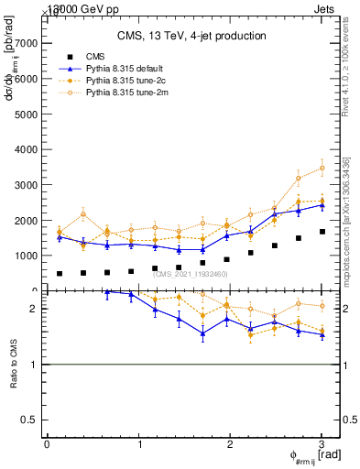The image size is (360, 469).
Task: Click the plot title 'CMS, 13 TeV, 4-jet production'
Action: tap(191, 37)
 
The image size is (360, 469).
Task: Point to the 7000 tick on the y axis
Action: tap(27, 43)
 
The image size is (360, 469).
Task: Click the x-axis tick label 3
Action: tap(322, 444)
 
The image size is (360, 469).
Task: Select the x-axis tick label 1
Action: tap(138, 444)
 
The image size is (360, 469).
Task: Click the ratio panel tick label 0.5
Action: tap(31, 420)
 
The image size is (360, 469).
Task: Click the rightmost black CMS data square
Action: tap(322, 232)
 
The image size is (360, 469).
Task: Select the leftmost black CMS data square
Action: tap(60, 273)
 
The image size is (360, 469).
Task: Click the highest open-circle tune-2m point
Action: tap(322, 168)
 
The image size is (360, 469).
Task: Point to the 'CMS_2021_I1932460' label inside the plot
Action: tap(190, 274)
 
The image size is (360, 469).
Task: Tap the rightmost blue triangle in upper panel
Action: tap(322, 205)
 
